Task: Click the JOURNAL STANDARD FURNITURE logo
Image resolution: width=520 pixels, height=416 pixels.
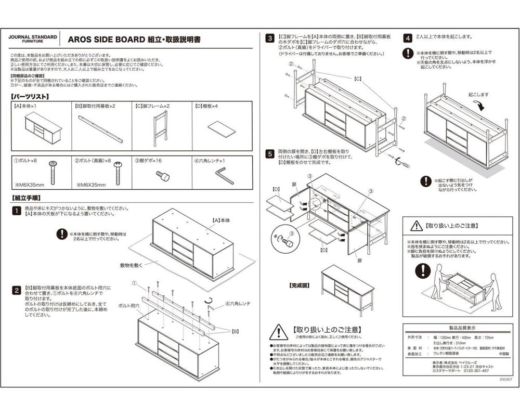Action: (33, 40)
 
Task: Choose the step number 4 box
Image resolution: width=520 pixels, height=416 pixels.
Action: (409, 38)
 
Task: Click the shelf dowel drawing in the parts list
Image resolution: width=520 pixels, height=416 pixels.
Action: (163, 176)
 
